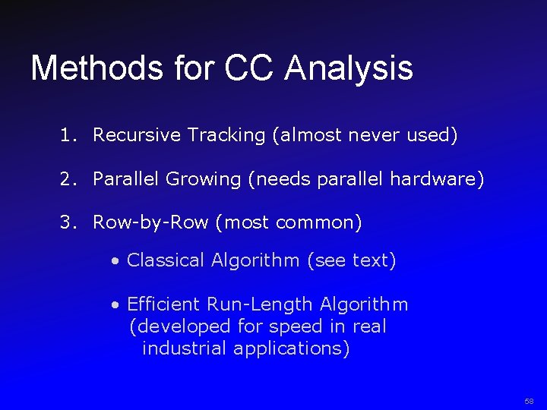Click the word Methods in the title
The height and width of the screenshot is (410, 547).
pos(97,68)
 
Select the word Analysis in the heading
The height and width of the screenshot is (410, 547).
pos(349,68)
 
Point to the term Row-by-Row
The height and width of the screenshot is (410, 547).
pos(150,223)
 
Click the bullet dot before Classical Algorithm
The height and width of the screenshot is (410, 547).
pos(114,261)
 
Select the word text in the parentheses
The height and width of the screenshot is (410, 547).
pos(370,260)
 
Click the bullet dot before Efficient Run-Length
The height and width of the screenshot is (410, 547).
pos(114,305)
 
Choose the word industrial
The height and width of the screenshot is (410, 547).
pos(185,348)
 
